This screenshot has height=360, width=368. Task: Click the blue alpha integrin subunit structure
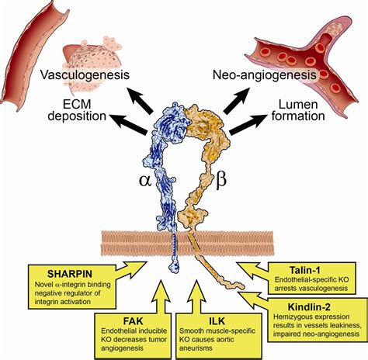click(x=168, y=171)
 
